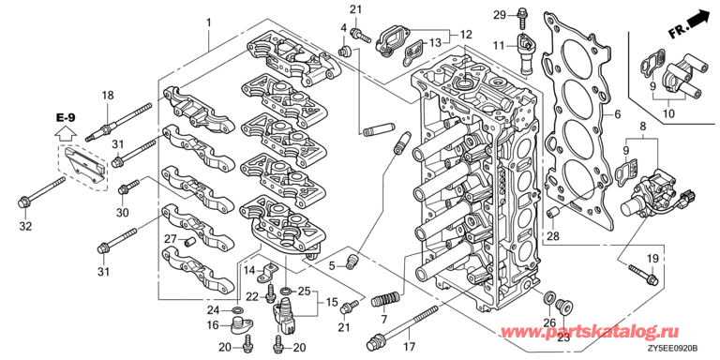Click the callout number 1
[x=209, y=22]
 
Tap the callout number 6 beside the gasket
[x=618, y=113]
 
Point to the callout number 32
[x=25, y=225]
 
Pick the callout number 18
[x=108, y=96]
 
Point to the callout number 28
[x=551, y=238]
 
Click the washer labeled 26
[x=547, y=298]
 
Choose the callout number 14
[x=249, y=270]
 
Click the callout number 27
[x=171, y=238]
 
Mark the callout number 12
[x=466, y=34]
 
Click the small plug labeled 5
[x=352, y=260]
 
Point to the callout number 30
[x=123, y=212]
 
